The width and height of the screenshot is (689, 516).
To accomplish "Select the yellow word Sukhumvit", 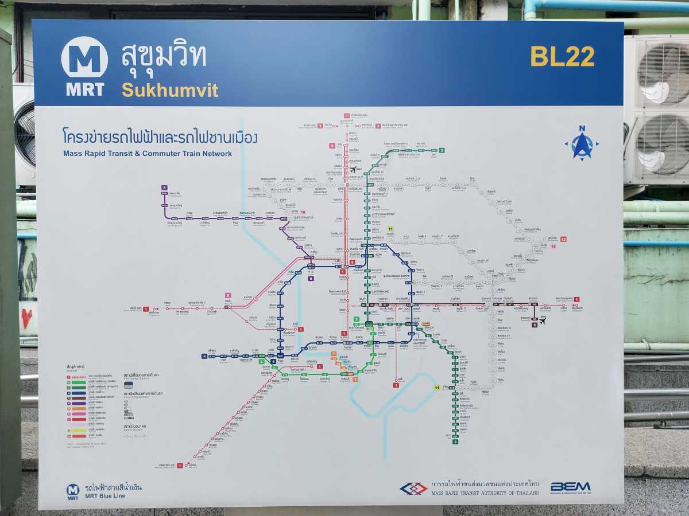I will point(169,90).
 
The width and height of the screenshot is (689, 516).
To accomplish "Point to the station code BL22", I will point(562,56).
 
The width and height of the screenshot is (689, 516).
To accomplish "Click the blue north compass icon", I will point(582,143).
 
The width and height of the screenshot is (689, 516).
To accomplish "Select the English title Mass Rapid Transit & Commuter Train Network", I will point(148,154).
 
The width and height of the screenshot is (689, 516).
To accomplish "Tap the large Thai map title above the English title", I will point(160,138).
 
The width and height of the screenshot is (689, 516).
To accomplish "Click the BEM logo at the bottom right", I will point(570,487).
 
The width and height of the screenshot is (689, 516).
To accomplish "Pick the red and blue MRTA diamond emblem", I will point(413,488).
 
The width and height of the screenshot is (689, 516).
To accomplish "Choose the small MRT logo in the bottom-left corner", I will point(73,489).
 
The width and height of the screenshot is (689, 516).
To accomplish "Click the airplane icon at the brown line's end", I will point(543,320).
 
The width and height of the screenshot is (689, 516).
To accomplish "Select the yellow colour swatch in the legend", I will point(68,429).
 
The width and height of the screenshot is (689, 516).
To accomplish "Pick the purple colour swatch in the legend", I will point(68,402).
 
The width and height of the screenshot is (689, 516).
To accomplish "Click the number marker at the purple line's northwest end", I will point(164,187).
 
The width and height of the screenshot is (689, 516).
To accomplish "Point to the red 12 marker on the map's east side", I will point(563,239).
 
